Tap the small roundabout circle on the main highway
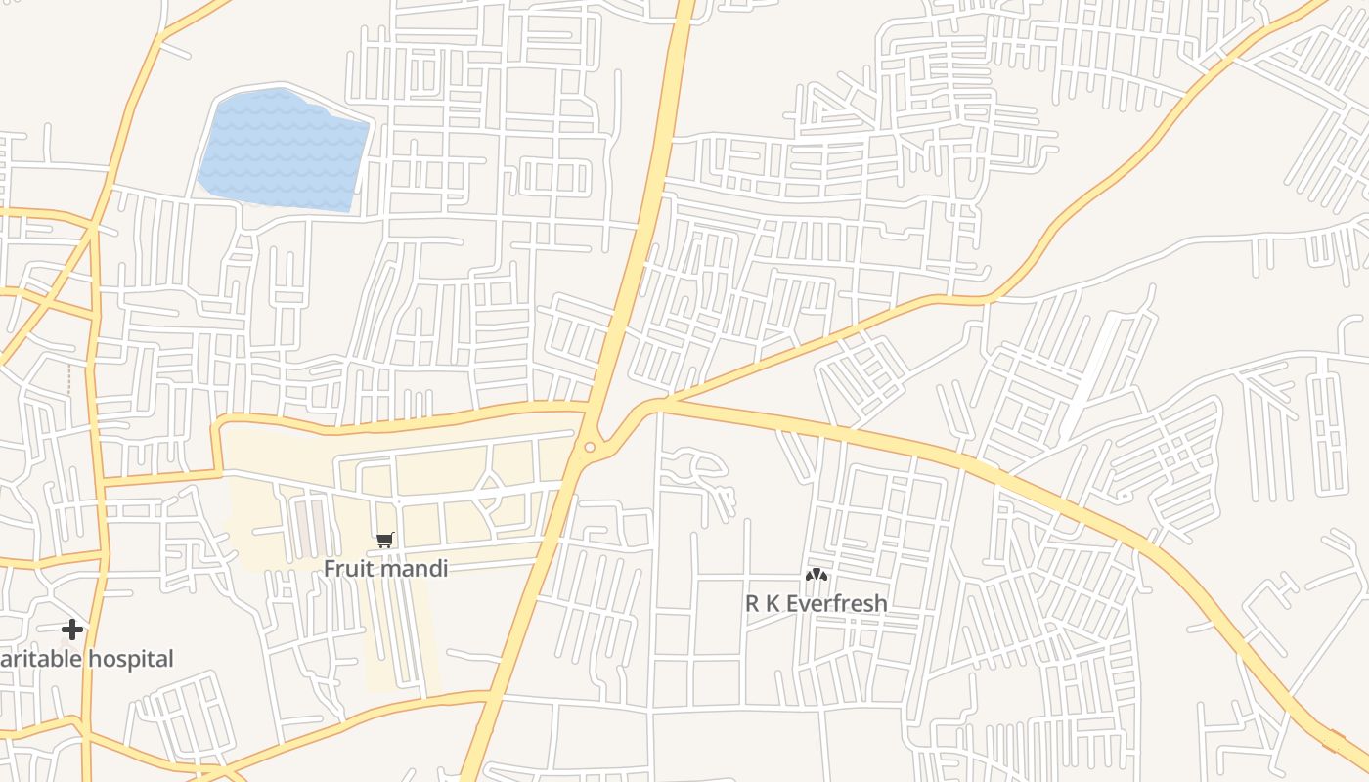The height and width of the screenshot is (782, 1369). click(x=590, y=448)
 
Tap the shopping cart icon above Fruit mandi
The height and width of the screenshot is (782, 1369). click(x=385, y=540)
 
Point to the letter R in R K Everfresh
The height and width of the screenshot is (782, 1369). click(x=752, y=603)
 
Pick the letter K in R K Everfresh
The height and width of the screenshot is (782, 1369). click(x=773, y=603)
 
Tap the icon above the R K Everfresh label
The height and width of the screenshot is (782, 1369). click(x=815, y=576)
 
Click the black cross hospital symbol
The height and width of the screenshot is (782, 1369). click(x=71, y=630)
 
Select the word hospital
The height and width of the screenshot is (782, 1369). click(x=130, y=659)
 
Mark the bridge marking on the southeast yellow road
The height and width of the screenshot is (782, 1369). click(x=1333, y=738)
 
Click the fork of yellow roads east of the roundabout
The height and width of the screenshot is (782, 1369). click(x=671, y=400)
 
